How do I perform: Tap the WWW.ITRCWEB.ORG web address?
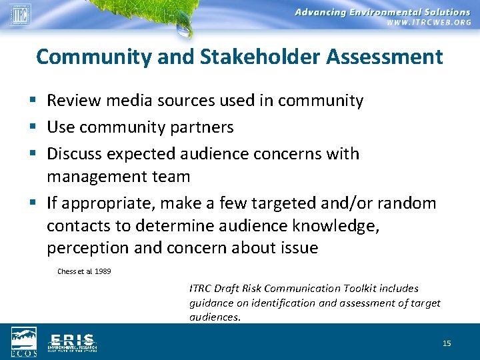click(x=428, y=22)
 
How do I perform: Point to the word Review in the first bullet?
click(x=70, y=101)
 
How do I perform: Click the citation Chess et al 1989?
click(x=84, y=271)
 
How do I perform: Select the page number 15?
click(x=447, y=343)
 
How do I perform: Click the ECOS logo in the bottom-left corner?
click(x=23, y=340)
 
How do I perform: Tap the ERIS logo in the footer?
click(x=72, y=341)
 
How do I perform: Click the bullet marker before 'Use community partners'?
click(x=35, y=127)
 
